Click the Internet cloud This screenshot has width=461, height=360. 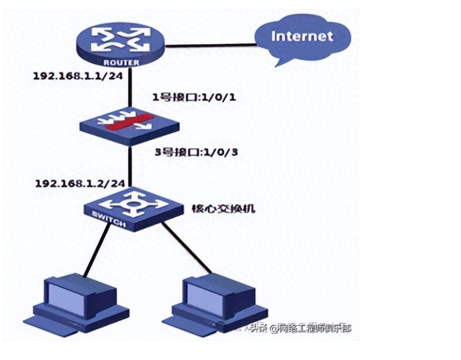click(302, 37)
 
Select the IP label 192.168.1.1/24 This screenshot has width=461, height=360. click(78, 76)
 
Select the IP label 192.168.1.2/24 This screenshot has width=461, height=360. click(80, 183)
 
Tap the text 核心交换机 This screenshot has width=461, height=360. click(223, 208)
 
